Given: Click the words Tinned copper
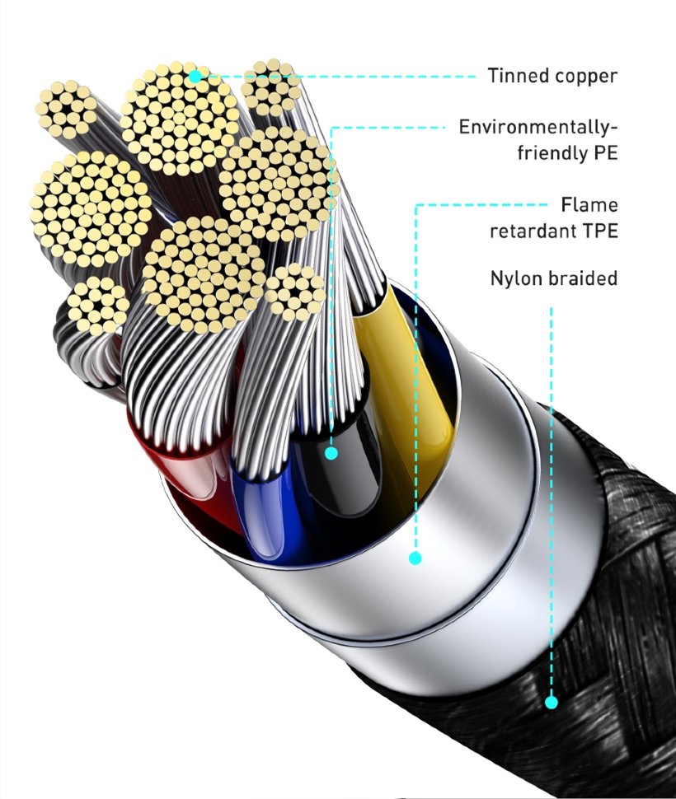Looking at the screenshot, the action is point(552,76).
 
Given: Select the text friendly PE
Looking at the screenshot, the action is point(567,153).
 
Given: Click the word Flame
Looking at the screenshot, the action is point(589,205).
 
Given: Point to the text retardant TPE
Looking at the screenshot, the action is point(554,231).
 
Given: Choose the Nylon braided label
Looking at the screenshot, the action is point(554,278).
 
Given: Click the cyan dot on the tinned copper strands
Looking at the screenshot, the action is point(195,77).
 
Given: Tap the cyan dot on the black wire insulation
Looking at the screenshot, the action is point(331,452).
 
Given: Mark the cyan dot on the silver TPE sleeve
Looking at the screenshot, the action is point(415,558).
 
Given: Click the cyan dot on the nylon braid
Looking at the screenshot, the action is point(551,703).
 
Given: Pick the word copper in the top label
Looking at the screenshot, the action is point(586,77).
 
